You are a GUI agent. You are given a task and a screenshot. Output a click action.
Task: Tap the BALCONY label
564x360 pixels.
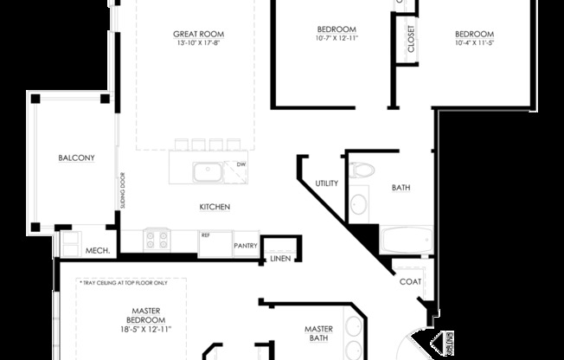(76, 157)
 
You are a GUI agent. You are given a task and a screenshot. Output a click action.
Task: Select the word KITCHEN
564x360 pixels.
(215, 207)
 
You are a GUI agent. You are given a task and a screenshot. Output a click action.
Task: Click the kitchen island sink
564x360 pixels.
(208, 172)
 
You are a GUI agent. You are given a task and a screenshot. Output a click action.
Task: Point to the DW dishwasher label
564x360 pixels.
(240, 164)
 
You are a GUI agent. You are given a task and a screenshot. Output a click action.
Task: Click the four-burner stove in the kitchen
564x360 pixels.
(157, 238)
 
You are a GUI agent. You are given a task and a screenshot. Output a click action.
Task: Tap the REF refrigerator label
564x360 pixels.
(206, 235)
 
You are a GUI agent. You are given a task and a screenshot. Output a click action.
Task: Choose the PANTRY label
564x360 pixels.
(246, 245)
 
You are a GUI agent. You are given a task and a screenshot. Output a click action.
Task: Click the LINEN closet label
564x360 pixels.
(279, 258)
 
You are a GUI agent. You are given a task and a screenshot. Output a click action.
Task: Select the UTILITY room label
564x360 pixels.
(327, 183)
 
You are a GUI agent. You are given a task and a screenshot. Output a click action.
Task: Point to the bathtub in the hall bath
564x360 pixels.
(405, 239)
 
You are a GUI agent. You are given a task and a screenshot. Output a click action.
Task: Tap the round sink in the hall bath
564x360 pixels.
(358, 205)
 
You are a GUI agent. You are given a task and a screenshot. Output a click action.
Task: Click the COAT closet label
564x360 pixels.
(410, 281)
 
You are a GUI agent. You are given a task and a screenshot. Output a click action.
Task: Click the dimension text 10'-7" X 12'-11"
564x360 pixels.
(336, 39)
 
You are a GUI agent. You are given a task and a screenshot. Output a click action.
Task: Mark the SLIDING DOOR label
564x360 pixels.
(122, 196)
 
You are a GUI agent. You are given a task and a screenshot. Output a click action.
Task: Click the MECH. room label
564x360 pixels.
(96, 251)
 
